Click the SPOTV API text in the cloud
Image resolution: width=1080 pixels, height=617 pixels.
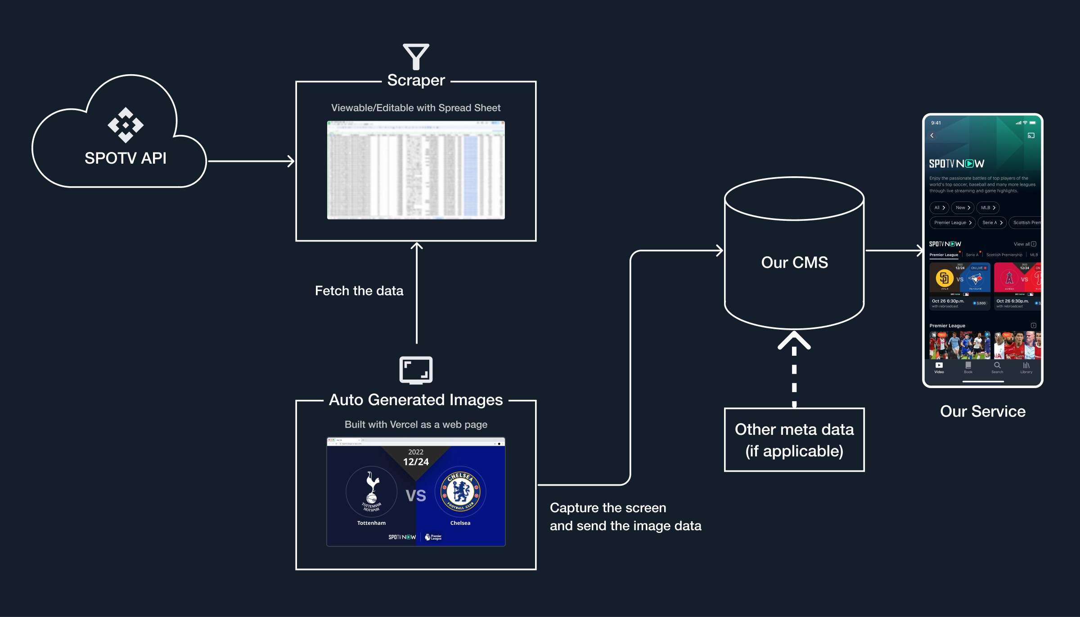126,158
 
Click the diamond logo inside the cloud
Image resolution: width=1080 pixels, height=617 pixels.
126,125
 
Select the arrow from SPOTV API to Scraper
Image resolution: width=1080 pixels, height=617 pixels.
251,161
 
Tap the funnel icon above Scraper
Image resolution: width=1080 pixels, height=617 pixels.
416,57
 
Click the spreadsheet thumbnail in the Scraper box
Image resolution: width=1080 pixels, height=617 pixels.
416,170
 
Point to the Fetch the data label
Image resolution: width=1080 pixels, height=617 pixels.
359,291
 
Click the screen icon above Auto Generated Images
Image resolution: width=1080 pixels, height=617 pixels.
416,370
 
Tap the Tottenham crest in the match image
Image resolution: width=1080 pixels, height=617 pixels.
372,492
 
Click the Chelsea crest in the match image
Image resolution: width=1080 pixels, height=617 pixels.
460,492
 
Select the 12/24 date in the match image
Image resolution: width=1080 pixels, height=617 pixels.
416,462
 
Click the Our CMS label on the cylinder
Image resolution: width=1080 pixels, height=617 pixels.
794,263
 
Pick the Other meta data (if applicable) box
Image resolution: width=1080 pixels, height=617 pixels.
794,440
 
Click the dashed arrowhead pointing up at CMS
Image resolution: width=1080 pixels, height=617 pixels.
794,340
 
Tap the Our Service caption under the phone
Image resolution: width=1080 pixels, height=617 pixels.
983,411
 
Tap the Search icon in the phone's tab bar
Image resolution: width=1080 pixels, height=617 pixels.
997,367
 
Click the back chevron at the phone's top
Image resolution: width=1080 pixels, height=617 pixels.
932,135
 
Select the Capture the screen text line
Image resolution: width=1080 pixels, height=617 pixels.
608,508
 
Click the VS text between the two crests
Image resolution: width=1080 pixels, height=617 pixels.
416,496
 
